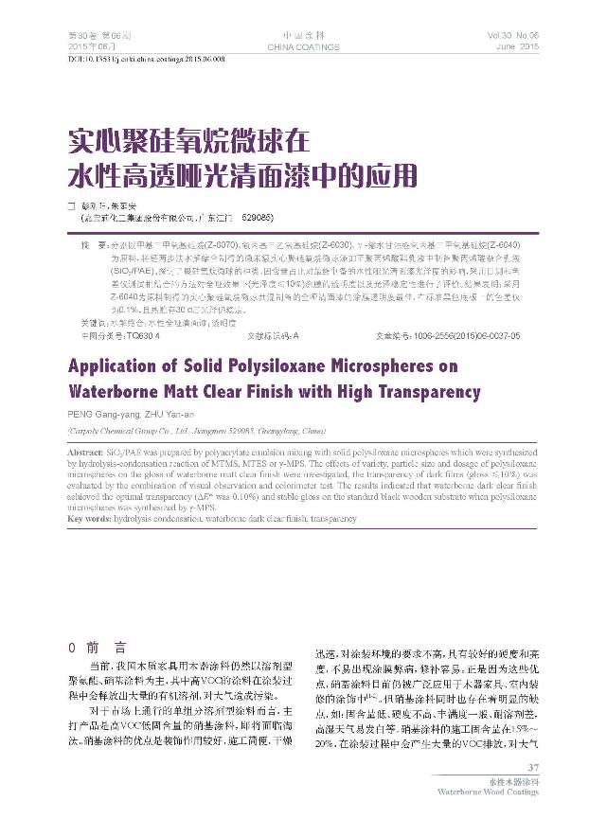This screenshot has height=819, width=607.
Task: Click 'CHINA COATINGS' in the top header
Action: point(302,46)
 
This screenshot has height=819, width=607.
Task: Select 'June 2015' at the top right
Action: point(516,46)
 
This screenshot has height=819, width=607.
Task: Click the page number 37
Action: point(532,767)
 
